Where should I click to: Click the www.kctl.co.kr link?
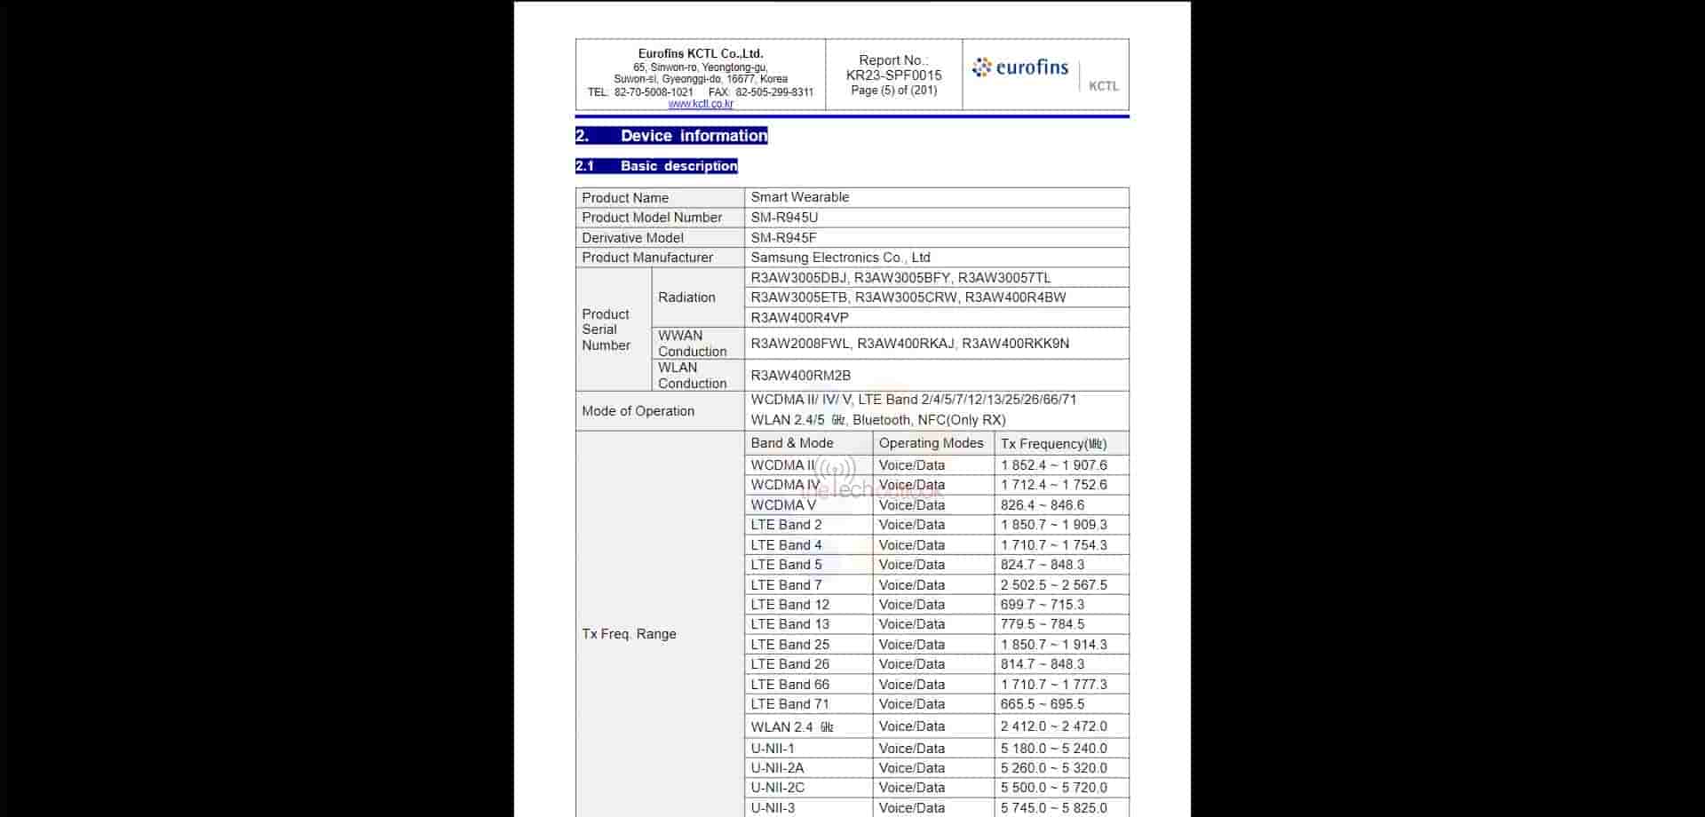(701, 104)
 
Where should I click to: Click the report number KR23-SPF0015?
(893, 75)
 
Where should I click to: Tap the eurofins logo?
(1020, 67)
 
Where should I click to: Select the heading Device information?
(671, 136)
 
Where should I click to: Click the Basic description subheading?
(656, 166)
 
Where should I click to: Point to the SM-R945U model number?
(784, 218)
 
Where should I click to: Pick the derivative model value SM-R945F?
(783, 238)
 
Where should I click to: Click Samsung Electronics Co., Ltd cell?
(840, 258)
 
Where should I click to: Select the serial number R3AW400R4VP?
(799, 318)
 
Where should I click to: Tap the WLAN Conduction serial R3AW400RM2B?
(800, 376)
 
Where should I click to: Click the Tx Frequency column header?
(1053, 444)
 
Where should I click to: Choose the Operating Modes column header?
(931, 443)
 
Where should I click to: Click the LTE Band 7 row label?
(786, 585)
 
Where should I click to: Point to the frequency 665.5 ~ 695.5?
(1042, 704)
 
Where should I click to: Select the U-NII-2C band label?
(777, 788)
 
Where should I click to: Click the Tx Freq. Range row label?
(629, 634)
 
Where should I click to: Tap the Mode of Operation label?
(638, 411)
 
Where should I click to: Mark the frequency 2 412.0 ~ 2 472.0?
(1053, 726)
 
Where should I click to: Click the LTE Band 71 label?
(789, 704)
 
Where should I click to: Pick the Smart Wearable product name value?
(799, 197)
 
